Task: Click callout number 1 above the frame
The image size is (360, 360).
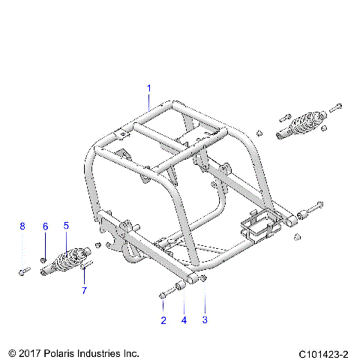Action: (148, 88)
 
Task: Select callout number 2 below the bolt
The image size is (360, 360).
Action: (163, 321)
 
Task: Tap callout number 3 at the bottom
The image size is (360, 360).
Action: (205, 321)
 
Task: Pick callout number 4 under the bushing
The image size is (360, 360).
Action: (184, 321)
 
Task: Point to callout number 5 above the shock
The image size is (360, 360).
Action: (66, 225)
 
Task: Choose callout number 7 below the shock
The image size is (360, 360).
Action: (84, 290)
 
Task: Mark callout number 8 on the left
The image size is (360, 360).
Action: (22, 225)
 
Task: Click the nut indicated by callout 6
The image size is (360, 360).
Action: (44, 259)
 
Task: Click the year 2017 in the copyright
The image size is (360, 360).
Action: (29, 352)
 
